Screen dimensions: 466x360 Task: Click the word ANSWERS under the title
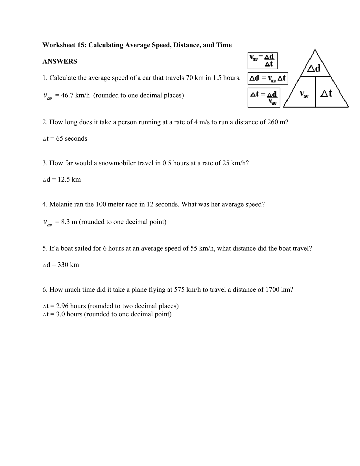60,62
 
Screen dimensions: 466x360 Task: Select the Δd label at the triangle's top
314,69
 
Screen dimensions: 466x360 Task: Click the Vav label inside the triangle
304,94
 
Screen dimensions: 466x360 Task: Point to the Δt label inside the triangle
326,93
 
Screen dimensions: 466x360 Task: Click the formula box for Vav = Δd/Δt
262,60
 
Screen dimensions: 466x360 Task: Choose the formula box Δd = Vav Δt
268,78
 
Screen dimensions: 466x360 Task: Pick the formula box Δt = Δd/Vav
264,97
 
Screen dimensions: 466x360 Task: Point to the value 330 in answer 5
63,265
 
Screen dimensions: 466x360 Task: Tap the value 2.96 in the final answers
62,306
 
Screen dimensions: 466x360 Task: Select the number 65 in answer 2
60,139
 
